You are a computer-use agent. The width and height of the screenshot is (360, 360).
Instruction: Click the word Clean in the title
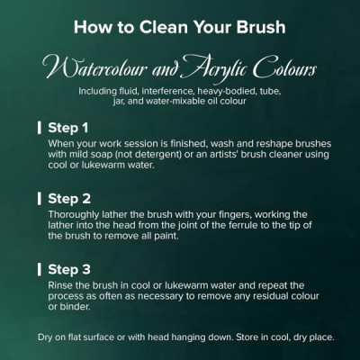(x=164, y=26)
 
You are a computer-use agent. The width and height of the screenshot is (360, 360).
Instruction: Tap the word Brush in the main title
(x=261, y=26)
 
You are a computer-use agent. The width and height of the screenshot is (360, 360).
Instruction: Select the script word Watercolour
(x=95, y=68)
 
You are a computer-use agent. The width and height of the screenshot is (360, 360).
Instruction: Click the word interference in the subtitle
(x=162, y=91)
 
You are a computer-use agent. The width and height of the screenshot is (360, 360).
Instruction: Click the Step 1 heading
(x=68, y=128)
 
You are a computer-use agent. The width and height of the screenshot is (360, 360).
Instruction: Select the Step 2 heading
(x=69, y=199)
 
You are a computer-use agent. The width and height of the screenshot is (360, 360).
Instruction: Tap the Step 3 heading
(x=69, y=269)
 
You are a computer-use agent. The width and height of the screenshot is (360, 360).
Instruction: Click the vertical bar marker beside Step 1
(x=40, y=128)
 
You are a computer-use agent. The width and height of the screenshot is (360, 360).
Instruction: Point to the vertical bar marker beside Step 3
(x=40, y=269)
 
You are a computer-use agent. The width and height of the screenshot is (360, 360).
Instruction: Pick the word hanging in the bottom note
(x=181, y=337)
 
